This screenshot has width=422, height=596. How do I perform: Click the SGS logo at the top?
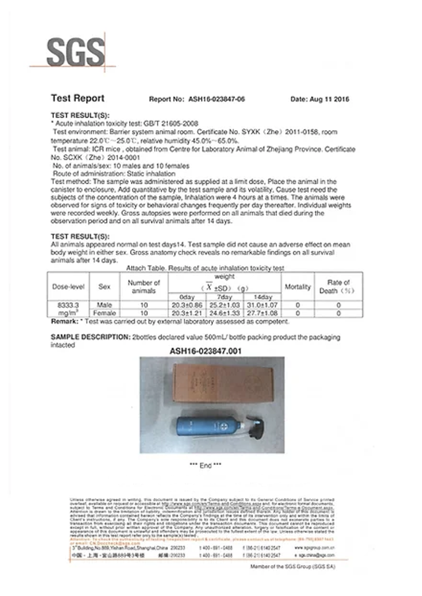click(75, 52)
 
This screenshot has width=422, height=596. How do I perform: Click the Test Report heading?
click(77, 98)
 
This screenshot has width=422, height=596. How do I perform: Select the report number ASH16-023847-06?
click(214, 99)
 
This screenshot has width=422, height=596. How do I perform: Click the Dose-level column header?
click(68, 287)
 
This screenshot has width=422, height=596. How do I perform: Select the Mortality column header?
click(297, 287)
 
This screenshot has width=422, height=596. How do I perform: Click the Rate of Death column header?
click(338, 287)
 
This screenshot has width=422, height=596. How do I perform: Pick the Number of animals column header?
click(144, 287)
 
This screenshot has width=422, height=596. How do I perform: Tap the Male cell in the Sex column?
click(104, 305)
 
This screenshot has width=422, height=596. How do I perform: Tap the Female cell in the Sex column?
click(104, 313)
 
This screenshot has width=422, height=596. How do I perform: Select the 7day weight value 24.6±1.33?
click(225, 313)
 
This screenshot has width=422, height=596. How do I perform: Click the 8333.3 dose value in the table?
click(68, 305)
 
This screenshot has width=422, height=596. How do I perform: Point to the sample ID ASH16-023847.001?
click(205, 351)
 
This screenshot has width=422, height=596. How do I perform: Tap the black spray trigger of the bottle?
click(254, 423)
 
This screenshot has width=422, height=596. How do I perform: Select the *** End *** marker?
click(205, 465)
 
